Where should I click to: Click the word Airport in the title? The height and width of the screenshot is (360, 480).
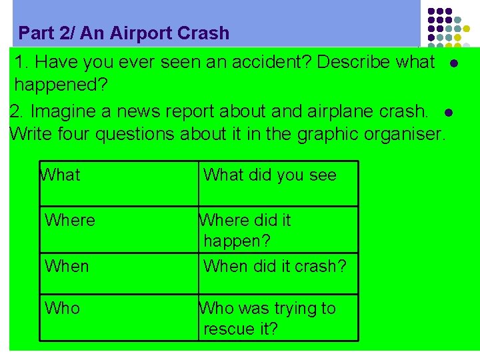[x=135, y=33]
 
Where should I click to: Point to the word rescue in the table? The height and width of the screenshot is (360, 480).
[x=227, y=329]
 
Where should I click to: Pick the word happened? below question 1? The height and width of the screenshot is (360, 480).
[x=61, y=85]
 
